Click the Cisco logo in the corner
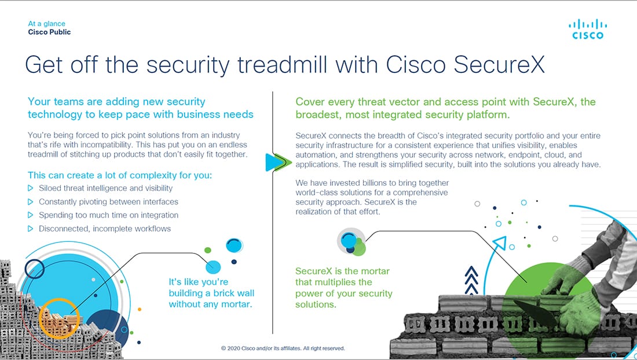point(587,29)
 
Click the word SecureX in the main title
point(499,64)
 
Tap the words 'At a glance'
point(46,24)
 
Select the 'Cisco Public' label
point(49,32)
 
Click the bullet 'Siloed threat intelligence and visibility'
point(105,188)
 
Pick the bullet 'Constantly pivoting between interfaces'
point(108,202)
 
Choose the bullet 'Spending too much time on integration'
point(108,215)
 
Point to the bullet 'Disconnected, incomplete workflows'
point(105,229)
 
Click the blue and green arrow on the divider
point(279,162)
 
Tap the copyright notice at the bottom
point(283,348)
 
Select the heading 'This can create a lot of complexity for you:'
point(120,175)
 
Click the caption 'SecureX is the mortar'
point(342,271)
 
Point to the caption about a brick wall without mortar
point(211,293)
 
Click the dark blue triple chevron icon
point(471,280)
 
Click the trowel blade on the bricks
point(532,312)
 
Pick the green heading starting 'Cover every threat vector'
point(446,108)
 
